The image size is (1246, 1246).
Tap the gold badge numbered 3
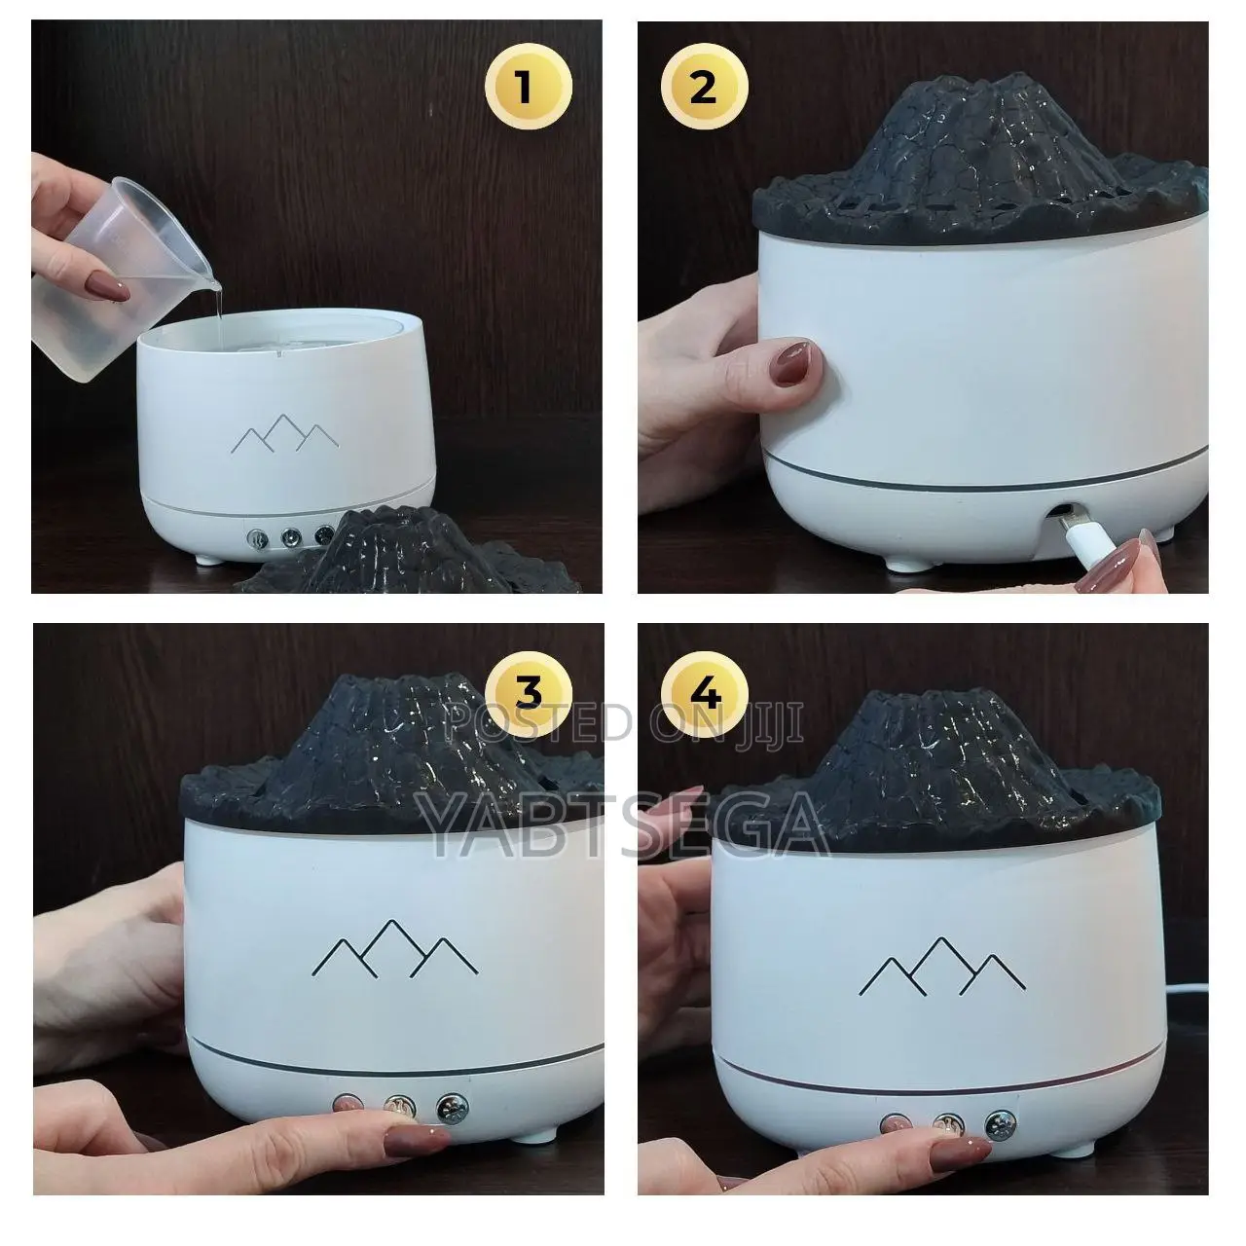pyautogui.click(x=528, y=694)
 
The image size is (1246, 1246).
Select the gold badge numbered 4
pyautogui.click(x=705, y=695)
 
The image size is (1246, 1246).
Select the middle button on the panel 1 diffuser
pyautogui.click(x=289, y=536)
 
